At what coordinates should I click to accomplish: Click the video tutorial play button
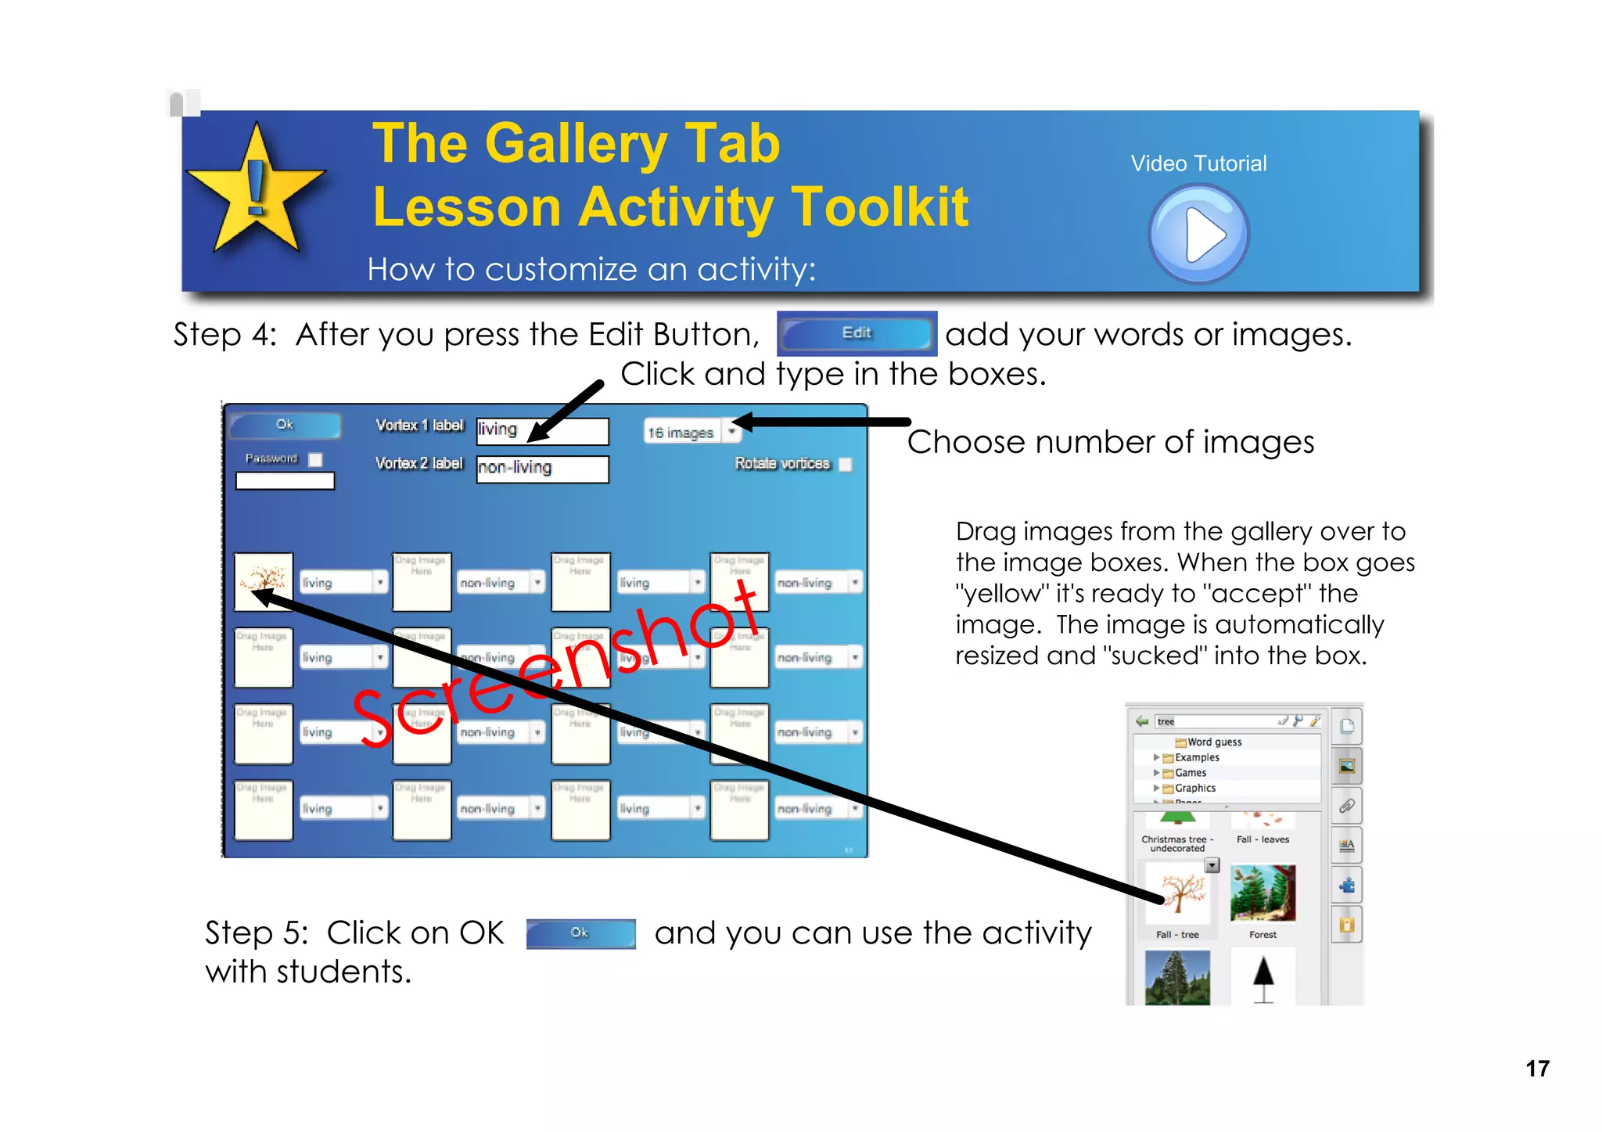1198,234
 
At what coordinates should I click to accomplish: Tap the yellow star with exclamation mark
256,192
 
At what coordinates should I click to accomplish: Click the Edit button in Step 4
857,333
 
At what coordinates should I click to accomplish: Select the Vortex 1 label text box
542,430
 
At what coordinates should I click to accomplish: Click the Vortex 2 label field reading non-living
542,469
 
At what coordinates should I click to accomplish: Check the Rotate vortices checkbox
845,465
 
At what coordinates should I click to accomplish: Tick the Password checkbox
315,460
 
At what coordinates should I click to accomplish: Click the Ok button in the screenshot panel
285,425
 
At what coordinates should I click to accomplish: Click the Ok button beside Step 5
580,933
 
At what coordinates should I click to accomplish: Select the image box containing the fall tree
264,582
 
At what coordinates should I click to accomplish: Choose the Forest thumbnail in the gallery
1263,893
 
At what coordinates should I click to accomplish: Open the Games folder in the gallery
1190,773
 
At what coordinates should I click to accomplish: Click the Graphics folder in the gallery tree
1194,789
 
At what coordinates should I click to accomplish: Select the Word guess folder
1213,742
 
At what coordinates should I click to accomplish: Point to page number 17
1537,1069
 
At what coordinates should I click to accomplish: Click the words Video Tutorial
1198,164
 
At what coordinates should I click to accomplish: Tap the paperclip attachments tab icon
1346,806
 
